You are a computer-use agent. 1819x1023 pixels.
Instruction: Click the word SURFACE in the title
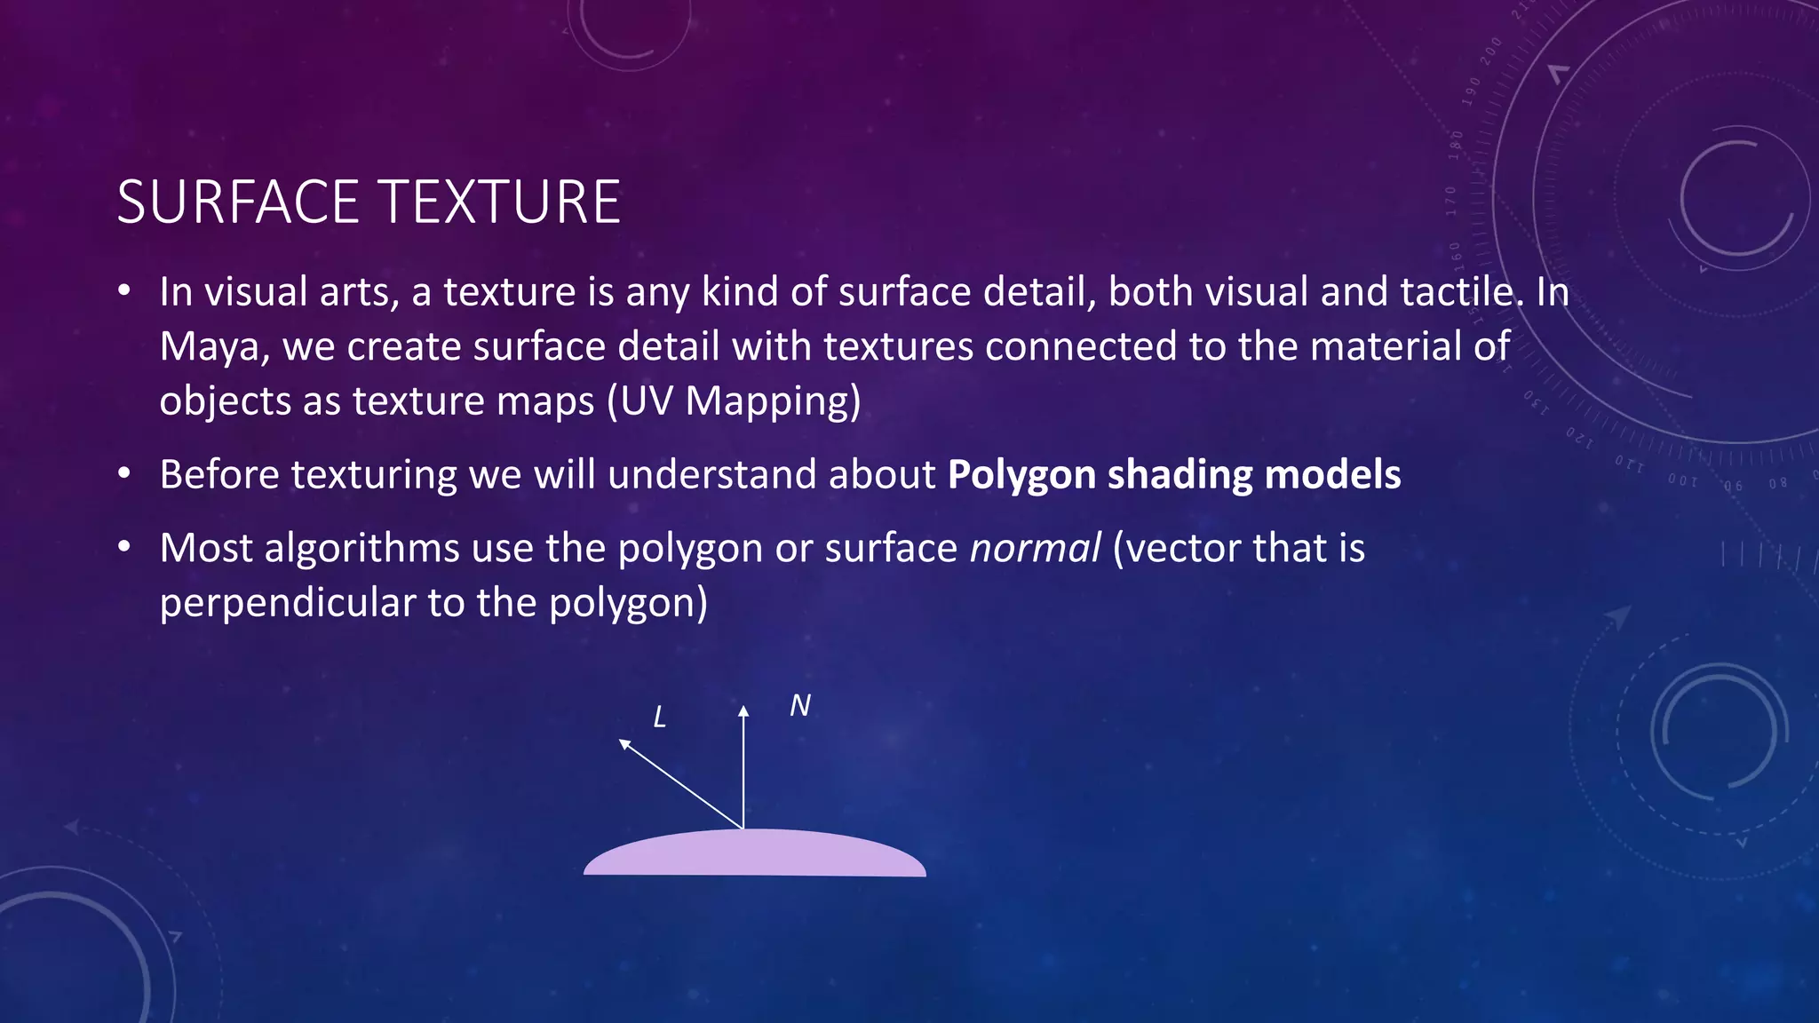coord(237,202)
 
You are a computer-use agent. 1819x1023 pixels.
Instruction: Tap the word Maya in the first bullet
coord(210,346)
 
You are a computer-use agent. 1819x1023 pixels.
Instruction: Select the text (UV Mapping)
coord(734,401)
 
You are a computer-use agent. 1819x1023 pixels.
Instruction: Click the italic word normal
coord(1035,549)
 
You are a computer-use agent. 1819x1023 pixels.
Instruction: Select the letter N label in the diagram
coord(799,706)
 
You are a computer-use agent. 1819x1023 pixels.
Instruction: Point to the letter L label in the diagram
coord(659,718)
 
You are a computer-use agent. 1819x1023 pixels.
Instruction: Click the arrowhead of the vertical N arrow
coord(743,710)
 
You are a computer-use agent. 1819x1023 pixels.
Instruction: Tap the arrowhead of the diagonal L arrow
coord(624,744)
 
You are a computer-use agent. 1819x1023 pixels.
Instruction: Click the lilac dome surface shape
coord(755,854)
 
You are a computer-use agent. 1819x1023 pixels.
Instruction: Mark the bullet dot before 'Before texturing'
coord(125,473)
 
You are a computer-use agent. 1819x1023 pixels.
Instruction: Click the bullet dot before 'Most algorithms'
coord(125,547)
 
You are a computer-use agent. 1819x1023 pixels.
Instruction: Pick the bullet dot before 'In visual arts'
coord(125,290)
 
